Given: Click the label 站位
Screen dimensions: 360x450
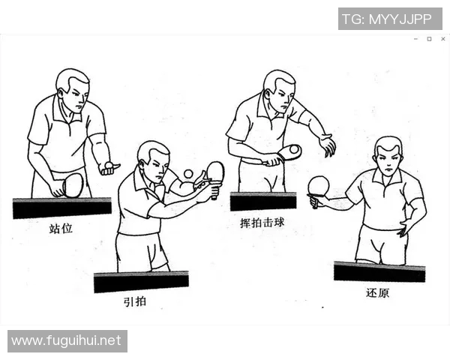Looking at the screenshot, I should point(61,228).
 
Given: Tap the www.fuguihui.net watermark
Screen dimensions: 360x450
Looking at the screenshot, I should point(67,340).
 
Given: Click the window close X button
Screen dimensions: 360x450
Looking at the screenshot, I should point(442,39).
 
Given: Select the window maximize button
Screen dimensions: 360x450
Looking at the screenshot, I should point(429,39).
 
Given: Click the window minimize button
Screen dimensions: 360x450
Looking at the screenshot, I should point(415,39).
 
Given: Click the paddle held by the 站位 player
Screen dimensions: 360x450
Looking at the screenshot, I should point(73,184).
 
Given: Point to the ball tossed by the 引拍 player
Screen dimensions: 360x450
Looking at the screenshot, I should point(188,174).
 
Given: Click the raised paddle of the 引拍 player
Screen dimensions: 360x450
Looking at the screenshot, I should point(215,172).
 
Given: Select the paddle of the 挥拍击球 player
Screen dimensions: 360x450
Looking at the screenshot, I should point(289,152).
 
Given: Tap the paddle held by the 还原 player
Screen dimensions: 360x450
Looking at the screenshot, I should point(318,185).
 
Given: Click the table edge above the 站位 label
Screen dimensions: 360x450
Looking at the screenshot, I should point(61,207).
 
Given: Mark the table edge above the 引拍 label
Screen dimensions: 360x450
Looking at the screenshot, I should point(141,281).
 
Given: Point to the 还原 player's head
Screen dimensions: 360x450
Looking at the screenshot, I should point(388,156).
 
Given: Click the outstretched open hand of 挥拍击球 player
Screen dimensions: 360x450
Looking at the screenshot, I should point(327,145).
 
